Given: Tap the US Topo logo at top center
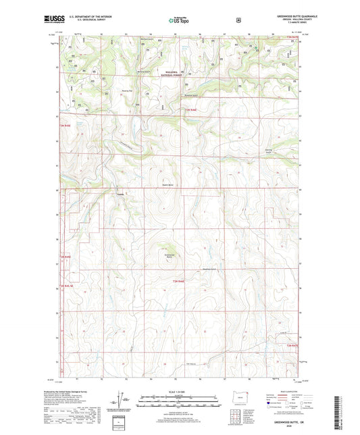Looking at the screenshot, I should coord(179,21).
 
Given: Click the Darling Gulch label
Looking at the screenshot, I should coord(269,152).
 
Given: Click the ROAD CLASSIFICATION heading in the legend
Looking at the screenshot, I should coord(288,391).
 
